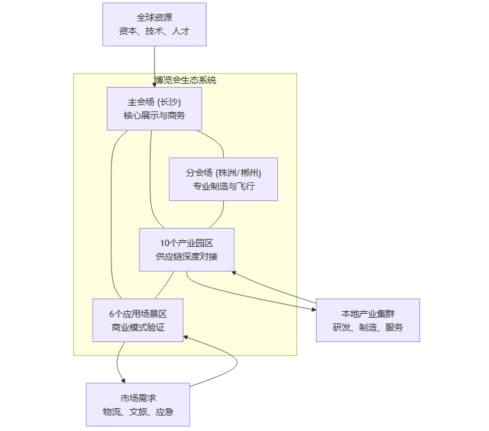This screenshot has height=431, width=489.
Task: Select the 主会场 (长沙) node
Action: click(154, 108)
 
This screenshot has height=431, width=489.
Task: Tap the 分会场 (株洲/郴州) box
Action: click(223, 179)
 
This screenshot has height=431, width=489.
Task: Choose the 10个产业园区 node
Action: click(187, 249)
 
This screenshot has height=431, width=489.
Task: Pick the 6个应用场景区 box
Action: click(138, 320)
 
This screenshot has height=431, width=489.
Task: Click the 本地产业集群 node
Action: click(368, 320)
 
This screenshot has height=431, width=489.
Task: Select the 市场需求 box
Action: click(138, 405)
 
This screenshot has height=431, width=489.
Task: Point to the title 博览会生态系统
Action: click(185, 81)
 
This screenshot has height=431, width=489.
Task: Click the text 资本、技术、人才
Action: click(154, 31)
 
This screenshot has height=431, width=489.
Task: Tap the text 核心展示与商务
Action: click(154, 116)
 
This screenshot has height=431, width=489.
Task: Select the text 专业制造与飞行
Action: click(223, 187)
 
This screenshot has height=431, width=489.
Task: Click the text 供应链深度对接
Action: click(187, 257)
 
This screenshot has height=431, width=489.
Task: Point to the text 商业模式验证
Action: click(138, 328)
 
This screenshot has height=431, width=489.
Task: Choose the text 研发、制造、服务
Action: click(368, 328)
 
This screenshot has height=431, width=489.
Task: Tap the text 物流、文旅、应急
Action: click(138, 412)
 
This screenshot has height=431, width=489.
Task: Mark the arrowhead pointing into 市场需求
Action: click(123, 381)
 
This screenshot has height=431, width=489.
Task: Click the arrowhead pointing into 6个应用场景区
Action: click(186, 336)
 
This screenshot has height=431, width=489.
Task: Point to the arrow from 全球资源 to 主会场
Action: click(154, 64)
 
